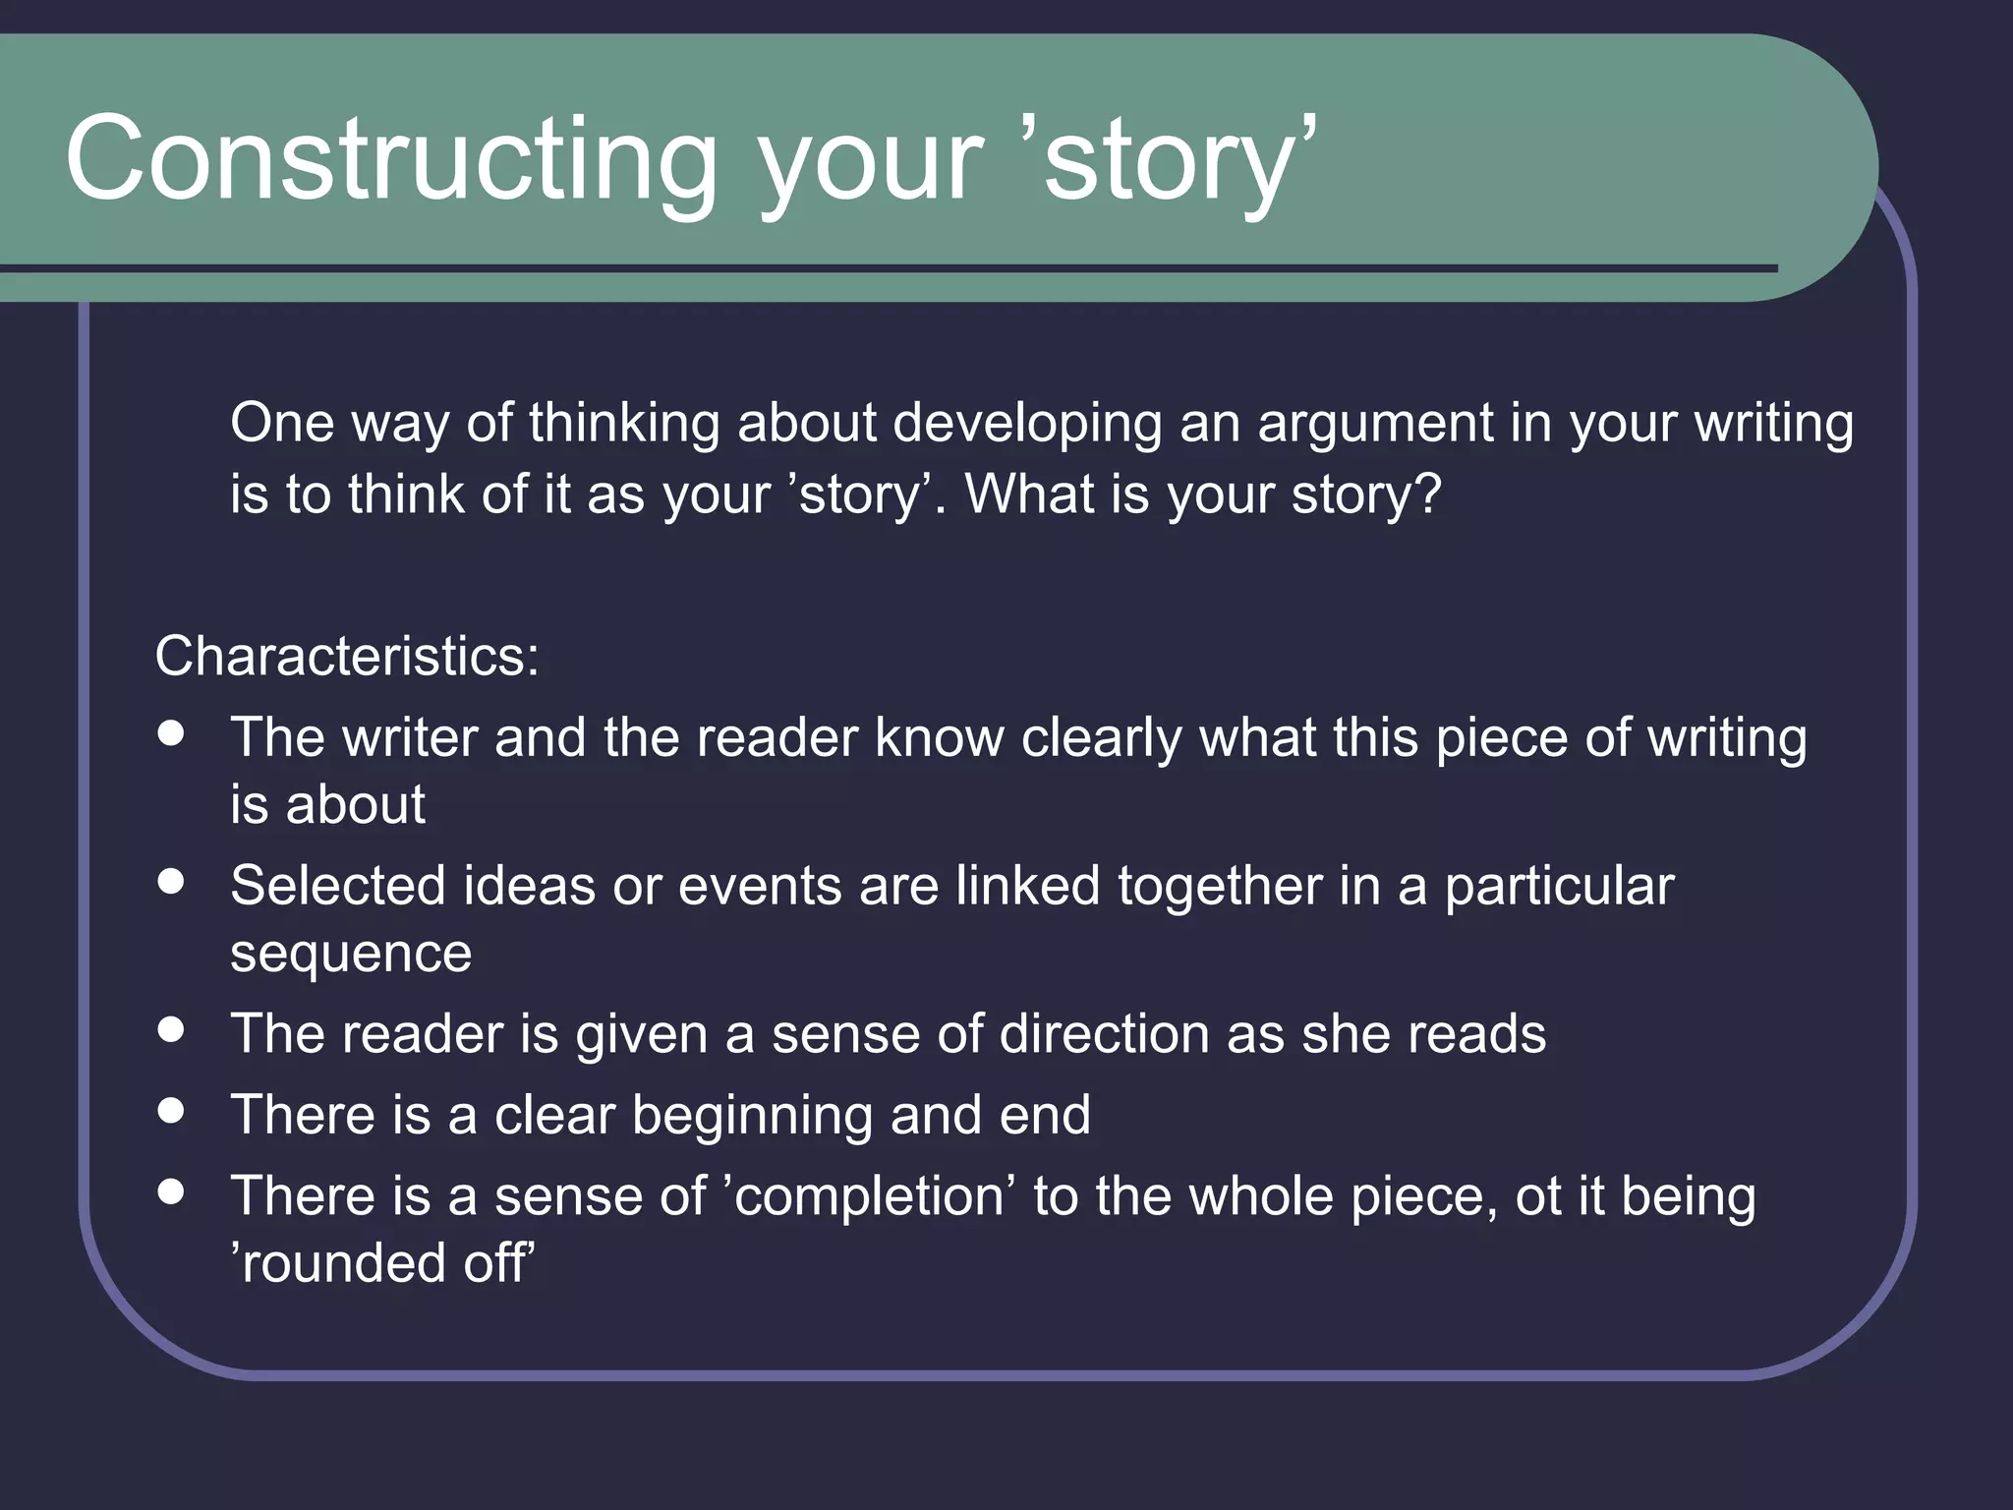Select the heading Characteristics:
click(347, 656)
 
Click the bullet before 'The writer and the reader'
click(171, 734)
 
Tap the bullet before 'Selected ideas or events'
click(171, 882)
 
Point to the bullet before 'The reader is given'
click(171, 1030)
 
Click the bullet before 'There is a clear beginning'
click(171, 1111)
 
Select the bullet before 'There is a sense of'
click(171, 1191)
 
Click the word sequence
click(351, 955)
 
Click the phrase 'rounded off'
click(382, 1263)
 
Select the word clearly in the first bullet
click(1101, 738)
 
